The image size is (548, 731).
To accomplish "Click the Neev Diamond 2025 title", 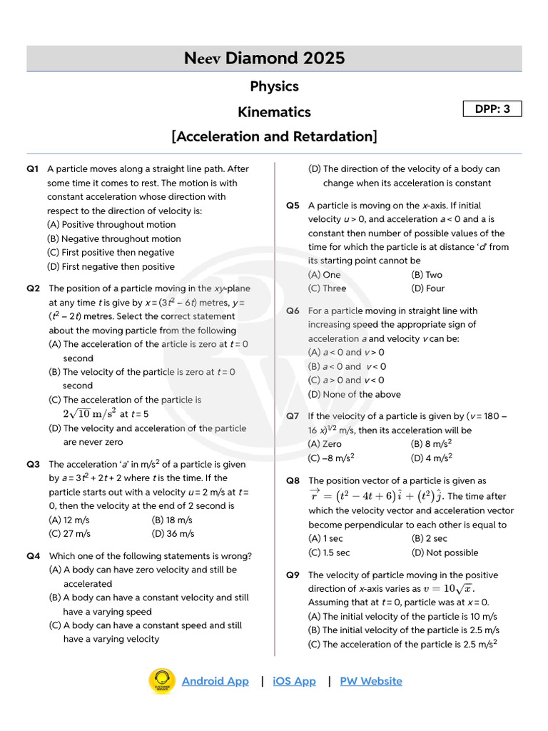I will [274, 59].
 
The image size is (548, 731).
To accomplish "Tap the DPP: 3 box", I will [492, 109].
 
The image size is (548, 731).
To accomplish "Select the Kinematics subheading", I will [274, 112].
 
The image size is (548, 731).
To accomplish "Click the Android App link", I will [215, 681].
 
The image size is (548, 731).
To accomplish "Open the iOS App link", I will [294, 681].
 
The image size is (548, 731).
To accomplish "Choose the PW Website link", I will [370, 681].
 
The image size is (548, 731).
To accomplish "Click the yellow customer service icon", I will [162, 681].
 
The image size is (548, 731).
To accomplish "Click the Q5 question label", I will [293, 206].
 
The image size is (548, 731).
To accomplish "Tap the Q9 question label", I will [293, 575].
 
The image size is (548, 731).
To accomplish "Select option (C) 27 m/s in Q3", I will [69, 533].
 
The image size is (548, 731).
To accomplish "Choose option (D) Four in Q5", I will [427, 288].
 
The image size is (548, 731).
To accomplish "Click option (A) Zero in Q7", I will [325, 444].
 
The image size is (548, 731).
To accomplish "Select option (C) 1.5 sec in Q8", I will [329, 553].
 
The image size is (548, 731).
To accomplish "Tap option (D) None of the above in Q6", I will [354, 394].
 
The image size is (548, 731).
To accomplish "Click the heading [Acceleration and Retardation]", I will [274, 136].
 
